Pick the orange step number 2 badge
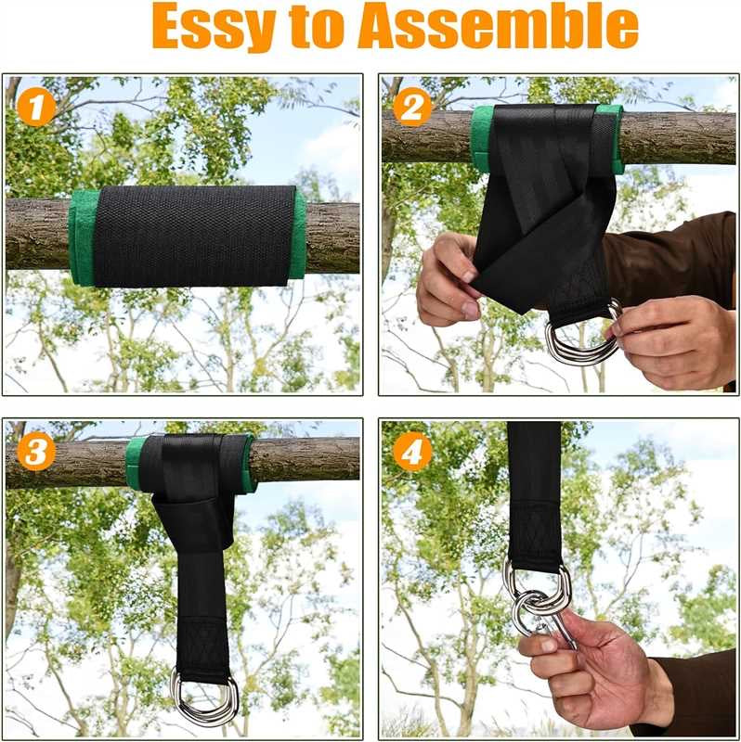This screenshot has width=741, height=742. coord(411,107)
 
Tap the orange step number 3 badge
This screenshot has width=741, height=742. coord(36,452)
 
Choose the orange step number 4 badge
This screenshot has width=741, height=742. coord(411,452)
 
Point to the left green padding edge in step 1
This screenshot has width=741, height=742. coord(82,237)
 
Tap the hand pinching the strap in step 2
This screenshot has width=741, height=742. coord(450,278)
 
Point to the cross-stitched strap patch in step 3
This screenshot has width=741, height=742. coord(203,645)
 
